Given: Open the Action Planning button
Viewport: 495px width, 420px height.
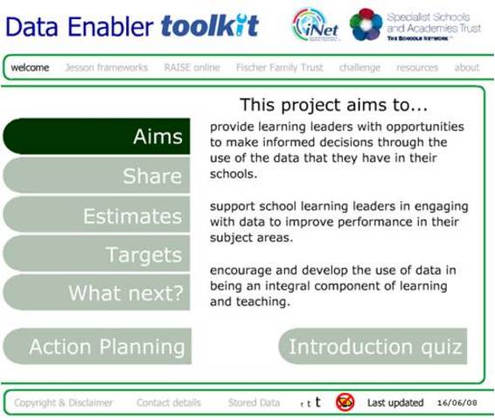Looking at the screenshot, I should pyautogui.click(x=97, y=346).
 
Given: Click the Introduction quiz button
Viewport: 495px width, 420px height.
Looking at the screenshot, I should pyautogui.click(x=373, y=346).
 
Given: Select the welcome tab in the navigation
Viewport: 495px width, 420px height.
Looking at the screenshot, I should pyautogui.click(x=30, y=67).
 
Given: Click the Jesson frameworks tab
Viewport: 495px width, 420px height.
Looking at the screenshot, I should pyautogui.click(x=105, y=67).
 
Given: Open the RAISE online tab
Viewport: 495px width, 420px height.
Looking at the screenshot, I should pyautogui.click(x=190, y=67).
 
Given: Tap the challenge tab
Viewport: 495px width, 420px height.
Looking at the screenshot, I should pyautogui.click(x=359, y=67).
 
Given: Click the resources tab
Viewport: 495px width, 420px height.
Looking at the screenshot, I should pyautogui.click(x=417, y=67).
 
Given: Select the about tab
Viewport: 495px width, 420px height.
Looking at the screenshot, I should pyautogui.click(x=467, y=67).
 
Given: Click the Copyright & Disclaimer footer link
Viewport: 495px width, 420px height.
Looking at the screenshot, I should pyautogui.click(x=63, y=402).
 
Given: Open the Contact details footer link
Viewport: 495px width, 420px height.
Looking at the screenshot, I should pyautogui.click(x=169, y=402).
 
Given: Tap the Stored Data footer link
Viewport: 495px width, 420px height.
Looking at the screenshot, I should pyautogui.click(x=254, y=402).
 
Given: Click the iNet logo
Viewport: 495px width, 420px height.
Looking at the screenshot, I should pyautogui.click(x=316, y=24).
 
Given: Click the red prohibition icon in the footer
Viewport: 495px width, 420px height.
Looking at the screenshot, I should pyautogui.click(x=345, y=402).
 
